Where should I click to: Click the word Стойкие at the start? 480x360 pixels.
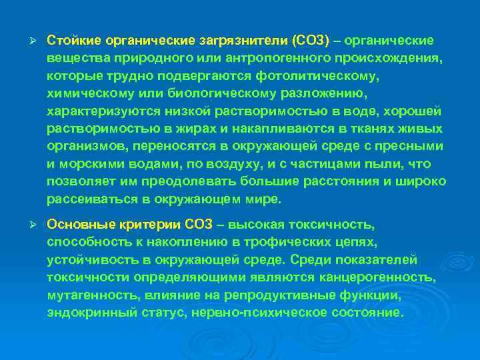tap(71, 41)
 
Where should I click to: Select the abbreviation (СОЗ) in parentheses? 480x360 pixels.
tap(306, 41)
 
